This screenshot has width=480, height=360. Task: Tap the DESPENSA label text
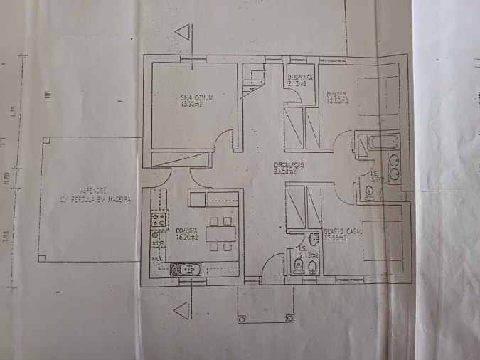click(x=297, y=77)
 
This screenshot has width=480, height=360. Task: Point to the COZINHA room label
click(x=188, y=231)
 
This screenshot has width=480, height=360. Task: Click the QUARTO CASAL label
click(x=343, y=232)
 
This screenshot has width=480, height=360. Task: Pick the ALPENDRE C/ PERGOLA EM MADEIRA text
click(x=96, y=196)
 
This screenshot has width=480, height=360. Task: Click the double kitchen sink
click(x=184, y=269)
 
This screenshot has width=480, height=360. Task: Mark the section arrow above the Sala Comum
click(x=184, y=32)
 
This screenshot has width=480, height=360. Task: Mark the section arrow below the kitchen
click(x=183, y=309)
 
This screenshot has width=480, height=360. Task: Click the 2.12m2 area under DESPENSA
click(x=297, y=84)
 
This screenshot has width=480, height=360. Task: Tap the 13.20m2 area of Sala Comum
click(x=192, y=104)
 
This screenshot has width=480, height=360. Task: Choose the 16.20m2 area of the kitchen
click(x=188, y=238)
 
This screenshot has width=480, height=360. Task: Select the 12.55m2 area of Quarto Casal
click(x=336, y=238)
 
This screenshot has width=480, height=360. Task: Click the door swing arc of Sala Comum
click(x=226, y=138)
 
